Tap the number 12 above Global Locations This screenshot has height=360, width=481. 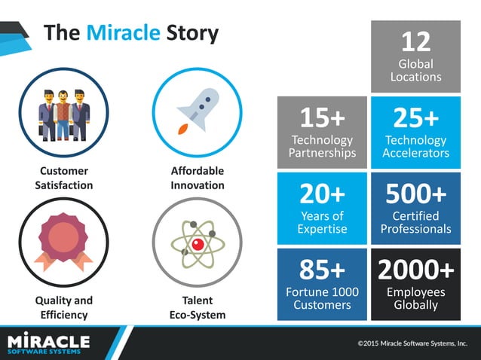point(415,44)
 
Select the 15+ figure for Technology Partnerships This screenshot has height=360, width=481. point(322,117)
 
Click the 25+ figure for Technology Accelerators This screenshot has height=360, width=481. point(415,117)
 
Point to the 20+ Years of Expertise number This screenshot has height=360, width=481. point(322,194)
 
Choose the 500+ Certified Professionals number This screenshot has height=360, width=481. point(415,194)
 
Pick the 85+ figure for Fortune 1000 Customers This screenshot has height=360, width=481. point(322,270)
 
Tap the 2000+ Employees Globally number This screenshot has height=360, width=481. point(415,270)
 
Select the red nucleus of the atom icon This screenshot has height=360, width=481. point(198,243)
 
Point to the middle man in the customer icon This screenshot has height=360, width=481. point(64,113)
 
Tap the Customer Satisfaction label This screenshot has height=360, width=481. point(64,178)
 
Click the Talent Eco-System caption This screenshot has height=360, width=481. point(198,307)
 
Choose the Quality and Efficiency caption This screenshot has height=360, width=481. point(64,307)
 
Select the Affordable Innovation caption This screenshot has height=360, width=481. point(198,178)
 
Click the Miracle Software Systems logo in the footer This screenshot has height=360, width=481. point(48,343)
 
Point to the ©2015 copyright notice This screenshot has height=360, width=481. point(412,343)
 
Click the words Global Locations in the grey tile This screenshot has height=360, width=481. point(415,70)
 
